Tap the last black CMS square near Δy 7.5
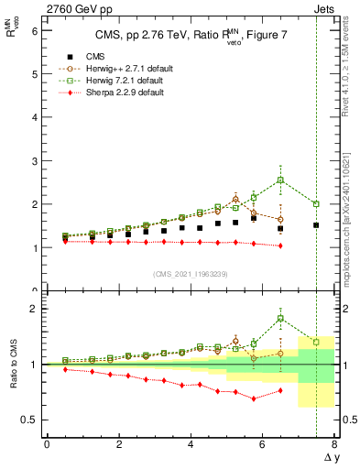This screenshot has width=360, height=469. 316,225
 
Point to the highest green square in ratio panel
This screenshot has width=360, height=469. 280,319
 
